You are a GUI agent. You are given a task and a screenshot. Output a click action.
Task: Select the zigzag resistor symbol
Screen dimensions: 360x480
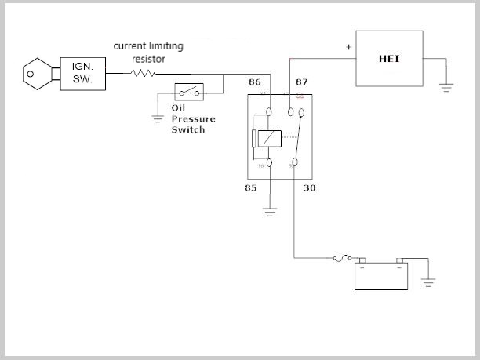(144, 74)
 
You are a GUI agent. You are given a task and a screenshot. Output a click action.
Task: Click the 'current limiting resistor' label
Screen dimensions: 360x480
(148, 52)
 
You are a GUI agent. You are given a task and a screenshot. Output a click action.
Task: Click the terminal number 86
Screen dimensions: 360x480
(255, 82)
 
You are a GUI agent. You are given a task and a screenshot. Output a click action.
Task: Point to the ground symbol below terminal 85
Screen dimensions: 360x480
(270, 209)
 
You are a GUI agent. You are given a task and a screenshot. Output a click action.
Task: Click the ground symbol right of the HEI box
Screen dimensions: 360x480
(446, 88)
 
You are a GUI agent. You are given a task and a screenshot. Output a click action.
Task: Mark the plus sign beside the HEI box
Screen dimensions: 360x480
(348, 47)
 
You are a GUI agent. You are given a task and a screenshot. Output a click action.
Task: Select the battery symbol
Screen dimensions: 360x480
(381, 274)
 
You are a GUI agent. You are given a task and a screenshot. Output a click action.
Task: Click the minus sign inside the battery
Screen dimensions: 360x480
(398, 267)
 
